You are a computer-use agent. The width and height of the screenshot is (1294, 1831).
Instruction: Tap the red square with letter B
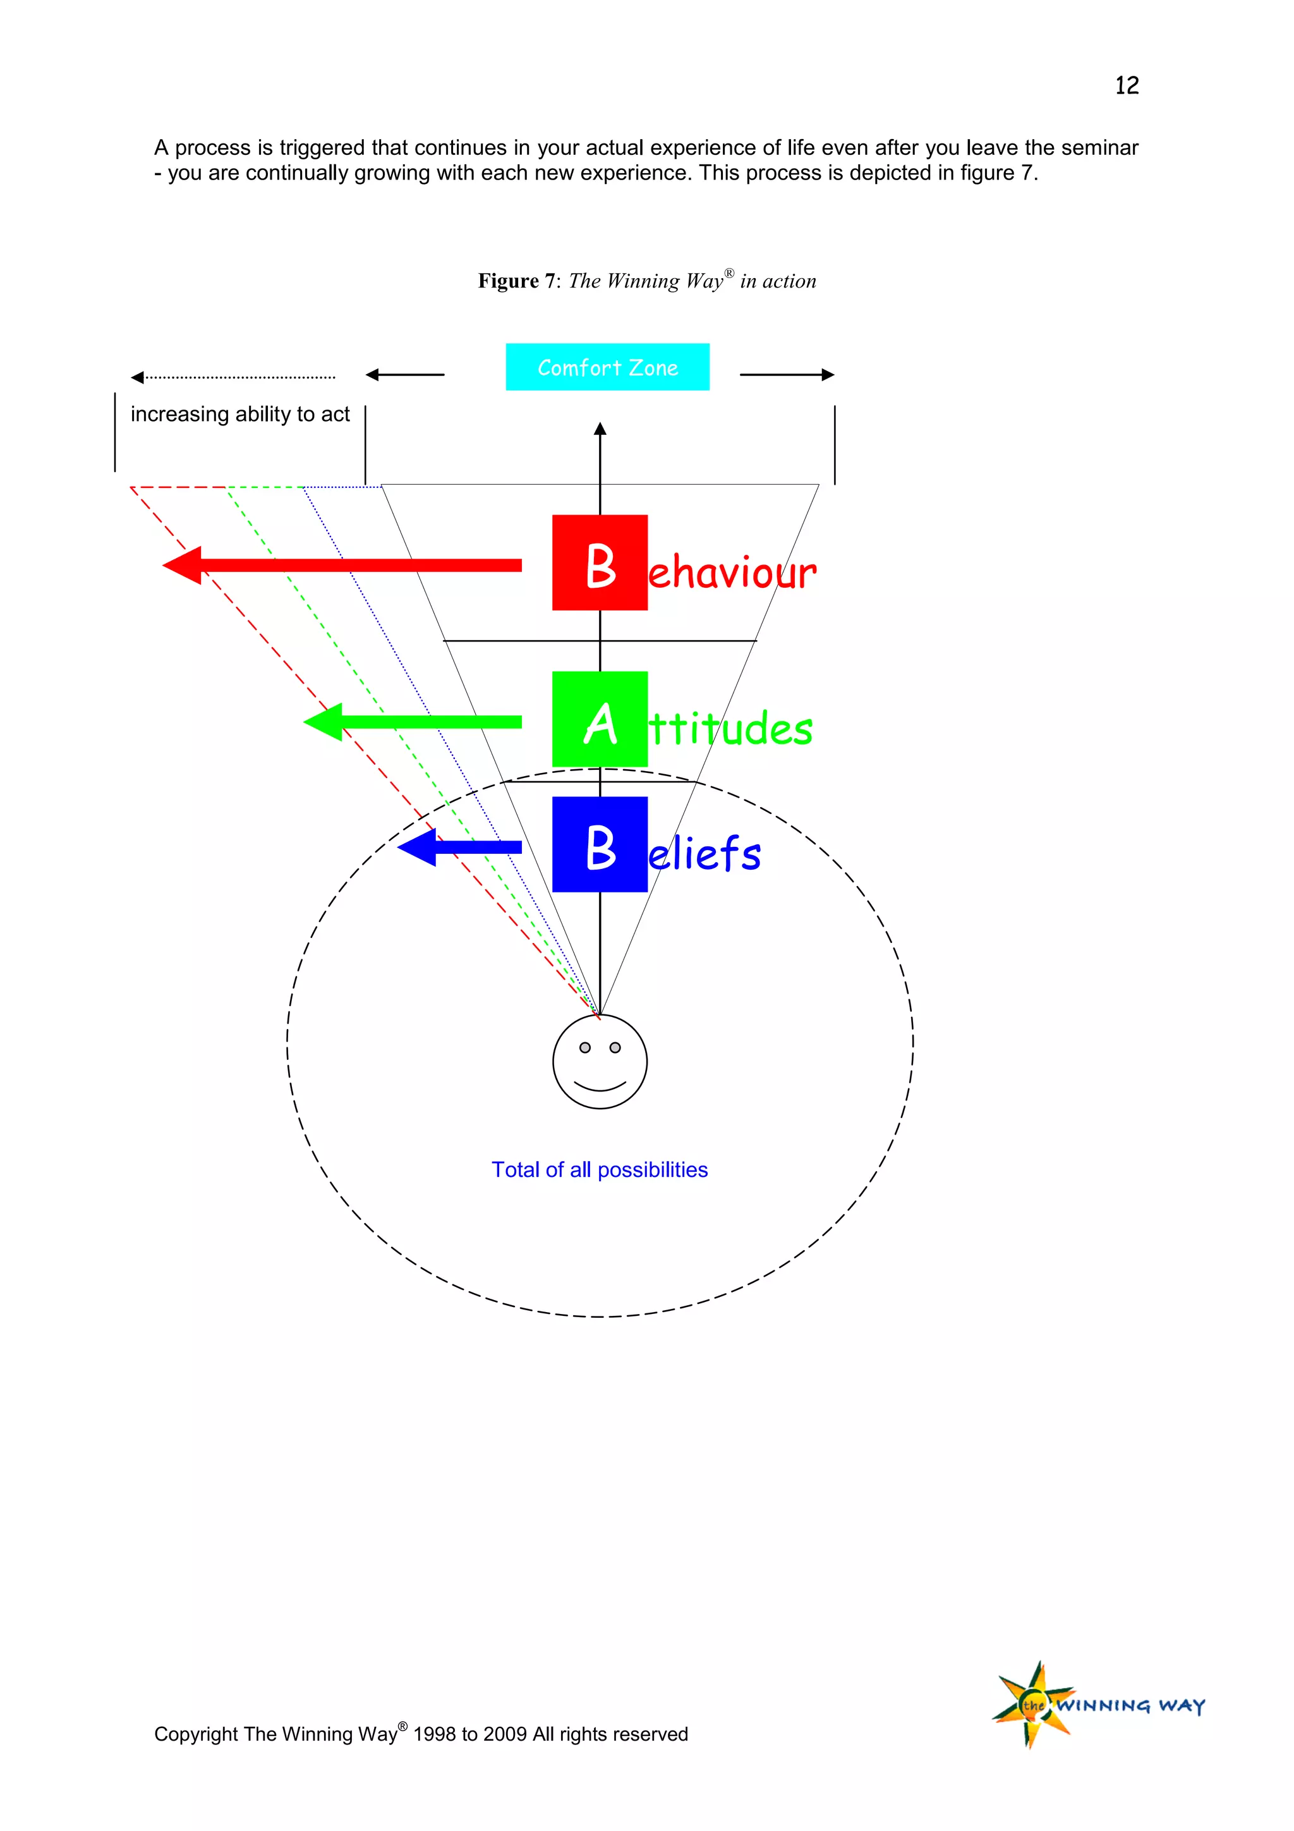[600, 563]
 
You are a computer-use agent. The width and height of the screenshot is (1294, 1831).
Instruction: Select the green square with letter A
[600, 719]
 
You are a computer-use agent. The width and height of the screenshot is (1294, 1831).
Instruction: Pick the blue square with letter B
[600, 844]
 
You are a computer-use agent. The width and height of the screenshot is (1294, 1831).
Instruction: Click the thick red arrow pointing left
[343, 566]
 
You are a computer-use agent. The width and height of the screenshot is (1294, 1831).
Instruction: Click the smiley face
[600, 1061]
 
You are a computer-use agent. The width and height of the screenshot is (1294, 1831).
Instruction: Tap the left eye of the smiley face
[585, 1047]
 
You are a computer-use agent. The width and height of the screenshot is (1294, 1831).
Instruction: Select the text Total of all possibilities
[600, 1169]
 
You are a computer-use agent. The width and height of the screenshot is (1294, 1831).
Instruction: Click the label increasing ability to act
[240, 414]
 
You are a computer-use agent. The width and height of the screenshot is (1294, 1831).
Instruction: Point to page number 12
[1127, 85]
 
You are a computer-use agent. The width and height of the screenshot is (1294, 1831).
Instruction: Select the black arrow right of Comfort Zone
[787, 375]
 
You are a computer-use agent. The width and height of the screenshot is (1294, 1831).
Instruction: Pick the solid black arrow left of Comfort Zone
[405, 375]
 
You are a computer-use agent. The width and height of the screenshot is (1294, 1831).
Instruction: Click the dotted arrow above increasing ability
[233, 377]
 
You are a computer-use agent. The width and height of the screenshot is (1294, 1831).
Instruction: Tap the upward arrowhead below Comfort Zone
[600, 429]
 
